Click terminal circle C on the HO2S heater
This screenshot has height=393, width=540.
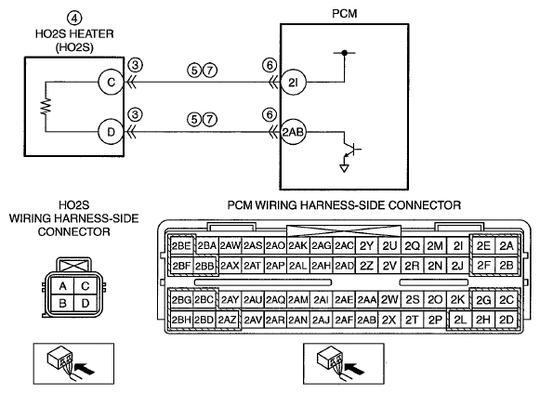(x=111, y=83)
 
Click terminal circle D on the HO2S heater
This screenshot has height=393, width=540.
(x=111, y=132)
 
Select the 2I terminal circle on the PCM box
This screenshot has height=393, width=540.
(x=293, y=83)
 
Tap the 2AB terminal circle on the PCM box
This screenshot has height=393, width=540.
(x=293, y=132)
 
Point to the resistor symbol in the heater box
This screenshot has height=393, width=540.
(x=46, y=107)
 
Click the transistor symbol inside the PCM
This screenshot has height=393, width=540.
(x=351, y=149)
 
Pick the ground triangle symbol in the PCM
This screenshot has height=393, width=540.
(x=344, y=168)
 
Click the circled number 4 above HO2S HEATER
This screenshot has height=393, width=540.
(x=74, y=18)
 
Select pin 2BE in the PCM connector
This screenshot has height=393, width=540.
(x=181, y=246)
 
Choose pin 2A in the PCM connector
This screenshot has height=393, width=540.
(x=507, y=246)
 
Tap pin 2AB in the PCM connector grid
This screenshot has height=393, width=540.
(x=366, y=321)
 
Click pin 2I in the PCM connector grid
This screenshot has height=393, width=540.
(x=458, y=246)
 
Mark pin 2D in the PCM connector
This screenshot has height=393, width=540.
(x=507, y=321)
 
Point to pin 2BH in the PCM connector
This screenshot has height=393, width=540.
(x=181, y=321)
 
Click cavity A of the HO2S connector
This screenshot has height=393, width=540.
(x=62, y=286)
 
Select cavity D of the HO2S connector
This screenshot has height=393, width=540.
(x=86, y=304)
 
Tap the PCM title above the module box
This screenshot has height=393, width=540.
(x=345, y=14)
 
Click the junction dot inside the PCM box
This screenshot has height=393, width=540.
(x=344, y=53)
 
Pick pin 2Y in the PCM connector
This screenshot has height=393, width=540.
(x=366, y=246)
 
